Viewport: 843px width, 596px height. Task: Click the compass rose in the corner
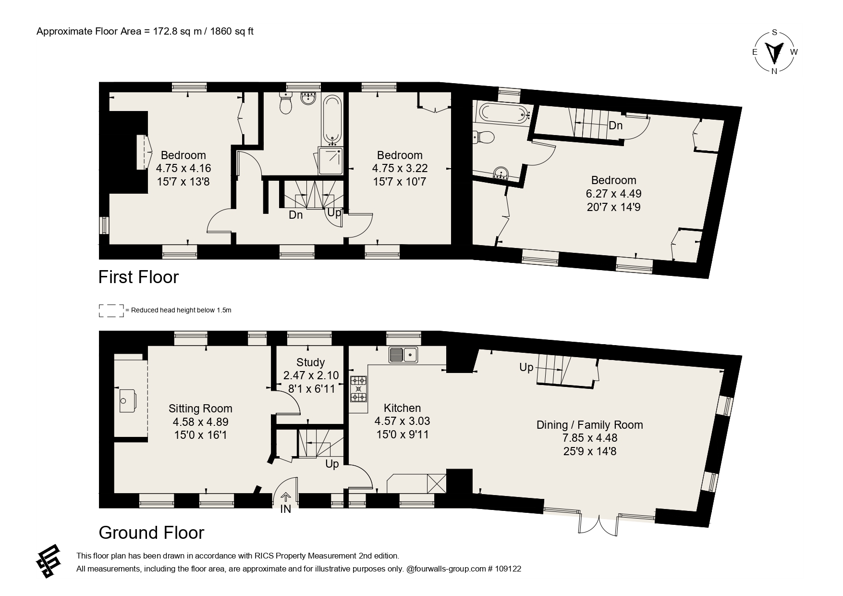pos(774,52)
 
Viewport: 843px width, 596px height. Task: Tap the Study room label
pos(311,362)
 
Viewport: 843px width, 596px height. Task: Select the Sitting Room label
pos(200,409)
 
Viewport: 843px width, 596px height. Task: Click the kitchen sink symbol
pos(403,355)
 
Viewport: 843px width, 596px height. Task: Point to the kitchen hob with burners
pos(358,388)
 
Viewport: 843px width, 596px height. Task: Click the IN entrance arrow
pos(286,497)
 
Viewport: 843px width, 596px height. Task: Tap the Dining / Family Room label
pos(589,425)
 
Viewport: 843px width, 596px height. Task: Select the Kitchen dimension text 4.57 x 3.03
pos(402,421)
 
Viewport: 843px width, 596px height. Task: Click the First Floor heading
pos(138,277)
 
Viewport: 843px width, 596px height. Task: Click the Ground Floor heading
pos(151,533)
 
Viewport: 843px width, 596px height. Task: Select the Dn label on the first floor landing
pos(296,215)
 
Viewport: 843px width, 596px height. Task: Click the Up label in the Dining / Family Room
pos(526,367)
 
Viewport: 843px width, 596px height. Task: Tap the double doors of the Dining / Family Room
pos(599,524)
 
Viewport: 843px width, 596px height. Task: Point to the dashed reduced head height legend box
pos(111,310)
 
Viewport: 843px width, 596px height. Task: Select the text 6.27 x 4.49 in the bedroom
pos(613,194)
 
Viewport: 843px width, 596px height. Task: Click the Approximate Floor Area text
pos(145,32)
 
